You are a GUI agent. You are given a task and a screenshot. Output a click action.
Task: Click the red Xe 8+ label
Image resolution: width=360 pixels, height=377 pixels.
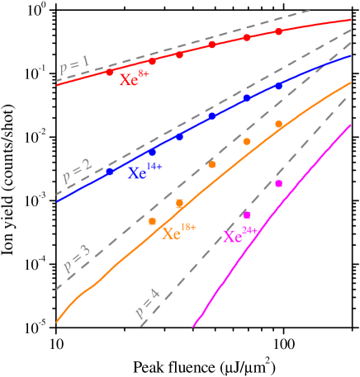click(134, 79)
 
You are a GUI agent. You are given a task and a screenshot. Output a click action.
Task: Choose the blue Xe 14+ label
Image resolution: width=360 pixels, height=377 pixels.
click(144, 172)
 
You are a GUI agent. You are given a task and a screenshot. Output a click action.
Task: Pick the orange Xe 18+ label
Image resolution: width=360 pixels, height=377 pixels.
click(178, 233)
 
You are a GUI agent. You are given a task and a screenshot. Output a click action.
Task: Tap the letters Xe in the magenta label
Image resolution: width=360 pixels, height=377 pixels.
click(233, 238)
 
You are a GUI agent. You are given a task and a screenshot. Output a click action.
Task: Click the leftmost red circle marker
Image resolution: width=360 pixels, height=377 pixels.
click(110, 73)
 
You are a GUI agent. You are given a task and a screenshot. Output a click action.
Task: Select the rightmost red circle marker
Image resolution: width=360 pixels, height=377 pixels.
click(279, 31)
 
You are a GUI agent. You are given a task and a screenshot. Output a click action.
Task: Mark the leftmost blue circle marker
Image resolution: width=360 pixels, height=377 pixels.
click(110, 172)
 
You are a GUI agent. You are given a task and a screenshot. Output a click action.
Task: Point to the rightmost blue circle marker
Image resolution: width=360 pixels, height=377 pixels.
click(278, 86)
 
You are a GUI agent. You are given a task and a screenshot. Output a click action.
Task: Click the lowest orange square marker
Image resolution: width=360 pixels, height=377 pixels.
click(152, 221)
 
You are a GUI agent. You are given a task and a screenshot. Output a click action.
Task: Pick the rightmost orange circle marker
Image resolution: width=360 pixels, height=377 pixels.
click(279, 124)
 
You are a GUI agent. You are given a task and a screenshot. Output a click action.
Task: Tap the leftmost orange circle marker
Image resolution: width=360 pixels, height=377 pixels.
click(212, 164)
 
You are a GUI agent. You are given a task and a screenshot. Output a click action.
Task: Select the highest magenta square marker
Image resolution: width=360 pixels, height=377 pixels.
click(279, 183)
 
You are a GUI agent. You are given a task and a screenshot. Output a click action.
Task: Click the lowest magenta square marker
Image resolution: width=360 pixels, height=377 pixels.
click(247, 214)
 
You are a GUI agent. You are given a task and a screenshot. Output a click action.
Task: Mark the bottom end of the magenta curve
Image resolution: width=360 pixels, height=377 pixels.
click(193, 327)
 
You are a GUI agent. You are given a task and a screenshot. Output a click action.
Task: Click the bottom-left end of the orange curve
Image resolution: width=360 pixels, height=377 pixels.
click(56, 321)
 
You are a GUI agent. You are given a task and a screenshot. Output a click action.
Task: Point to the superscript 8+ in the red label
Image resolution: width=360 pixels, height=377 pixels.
click(144, 73)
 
